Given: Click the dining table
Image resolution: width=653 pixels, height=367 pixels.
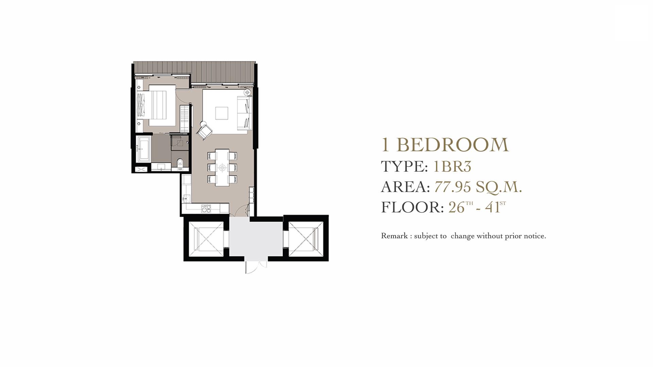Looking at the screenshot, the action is (x=222, y=167).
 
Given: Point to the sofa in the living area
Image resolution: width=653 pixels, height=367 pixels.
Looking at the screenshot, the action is (x=245, y=112).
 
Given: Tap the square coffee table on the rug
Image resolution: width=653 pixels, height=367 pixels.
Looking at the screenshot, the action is (x=222, y=113).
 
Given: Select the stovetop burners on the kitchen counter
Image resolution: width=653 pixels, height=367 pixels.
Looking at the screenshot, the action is (x=205, y=208).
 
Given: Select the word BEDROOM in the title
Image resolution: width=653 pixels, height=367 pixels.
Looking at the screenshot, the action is (x=452, y=145).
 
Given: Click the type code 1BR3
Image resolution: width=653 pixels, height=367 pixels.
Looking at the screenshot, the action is (x=452, y=167).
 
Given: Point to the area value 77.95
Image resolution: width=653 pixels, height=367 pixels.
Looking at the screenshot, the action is (x=453, y=187).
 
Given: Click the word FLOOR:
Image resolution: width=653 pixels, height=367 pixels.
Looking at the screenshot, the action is (x=412, y=207).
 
